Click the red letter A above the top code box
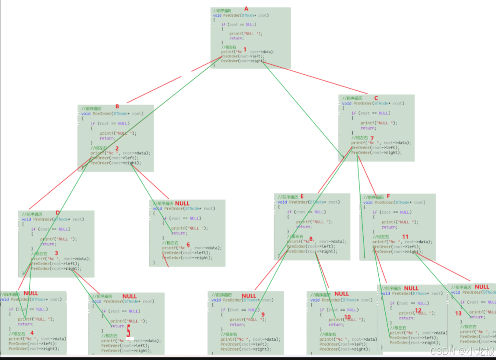[x=247, y=9]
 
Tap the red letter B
[x=117, y=106]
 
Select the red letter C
[x=376, y=98]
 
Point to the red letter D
[x=58, y=213]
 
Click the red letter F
[x=388, y=196]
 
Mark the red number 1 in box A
[x=245, y=49]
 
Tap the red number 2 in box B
[x=117, y=148]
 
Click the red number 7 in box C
[x=371, y=138]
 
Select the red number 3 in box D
[x=56, y=252]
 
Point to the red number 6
[x=188, y=244]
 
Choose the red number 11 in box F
[x=405, y=236]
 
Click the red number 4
[x=31, y=332]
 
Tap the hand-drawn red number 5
[x=128, y=332]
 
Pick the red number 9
[x=262, y=314]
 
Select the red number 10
[x=348, y=317]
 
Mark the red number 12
[x=418, y=310]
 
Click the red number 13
[x=459, y=313]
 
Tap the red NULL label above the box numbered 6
[x=182, y=203]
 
